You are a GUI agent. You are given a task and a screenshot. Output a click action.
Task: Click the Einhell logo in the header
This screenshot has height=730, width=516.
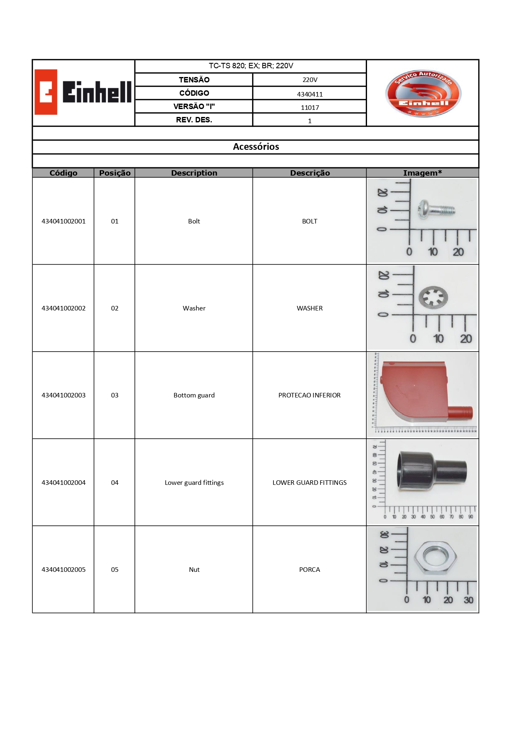(84, 92)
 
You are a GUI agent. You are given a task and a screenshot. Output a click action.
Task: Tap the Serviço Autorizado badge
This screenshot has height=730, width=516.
(423, 93)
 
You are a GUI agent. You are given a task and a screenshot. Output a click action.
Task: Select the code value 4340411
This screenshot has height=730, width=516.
(310, 94)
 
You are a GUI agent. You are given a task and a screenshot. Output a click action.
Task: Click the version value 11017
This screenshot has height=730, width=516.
(310, 107)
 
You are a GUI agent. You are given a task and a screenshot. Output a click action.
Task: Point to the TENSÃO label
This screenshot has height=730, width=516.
(194, 79)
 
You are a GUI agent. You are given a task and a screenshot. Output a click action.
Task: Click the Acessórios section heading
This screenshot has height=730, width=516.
(256, 146)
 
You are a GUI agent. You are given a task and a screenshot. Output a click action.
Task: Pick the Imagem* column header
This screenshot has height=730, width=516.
(422, 173)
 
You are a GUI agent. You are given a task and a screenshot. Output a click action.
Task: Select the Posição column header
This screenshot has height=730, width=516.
(115, 173)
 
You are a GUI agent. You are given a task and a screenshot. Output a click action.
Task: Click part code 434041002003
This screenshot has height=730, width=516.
(64, 395)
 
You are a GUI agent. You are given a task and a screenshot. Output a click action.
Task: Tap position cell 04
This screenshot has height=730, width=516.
(115, 482)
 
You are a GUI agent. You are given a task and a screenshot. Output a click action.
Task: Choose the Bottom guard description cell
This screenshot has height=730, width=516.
(194, 395)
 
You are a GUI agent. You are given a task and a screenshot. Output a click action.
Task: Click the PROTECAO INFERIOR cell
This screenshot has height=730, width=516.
(310, 395)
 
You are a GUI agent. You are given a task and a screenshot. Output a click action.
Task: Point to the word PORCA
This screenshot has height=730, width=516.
(310, 569)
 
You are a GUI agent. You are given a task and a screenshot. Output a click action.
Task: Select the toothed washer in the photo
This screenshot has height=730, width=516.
(433, 297)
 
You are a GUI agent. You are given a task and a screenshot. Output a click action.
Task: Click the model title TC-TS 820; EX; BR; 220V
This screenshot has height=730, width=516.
(251, 66)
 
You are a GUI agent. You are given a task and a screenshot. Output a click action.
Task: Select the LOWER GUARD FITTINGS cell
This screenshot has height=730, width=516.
(310, 482)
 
